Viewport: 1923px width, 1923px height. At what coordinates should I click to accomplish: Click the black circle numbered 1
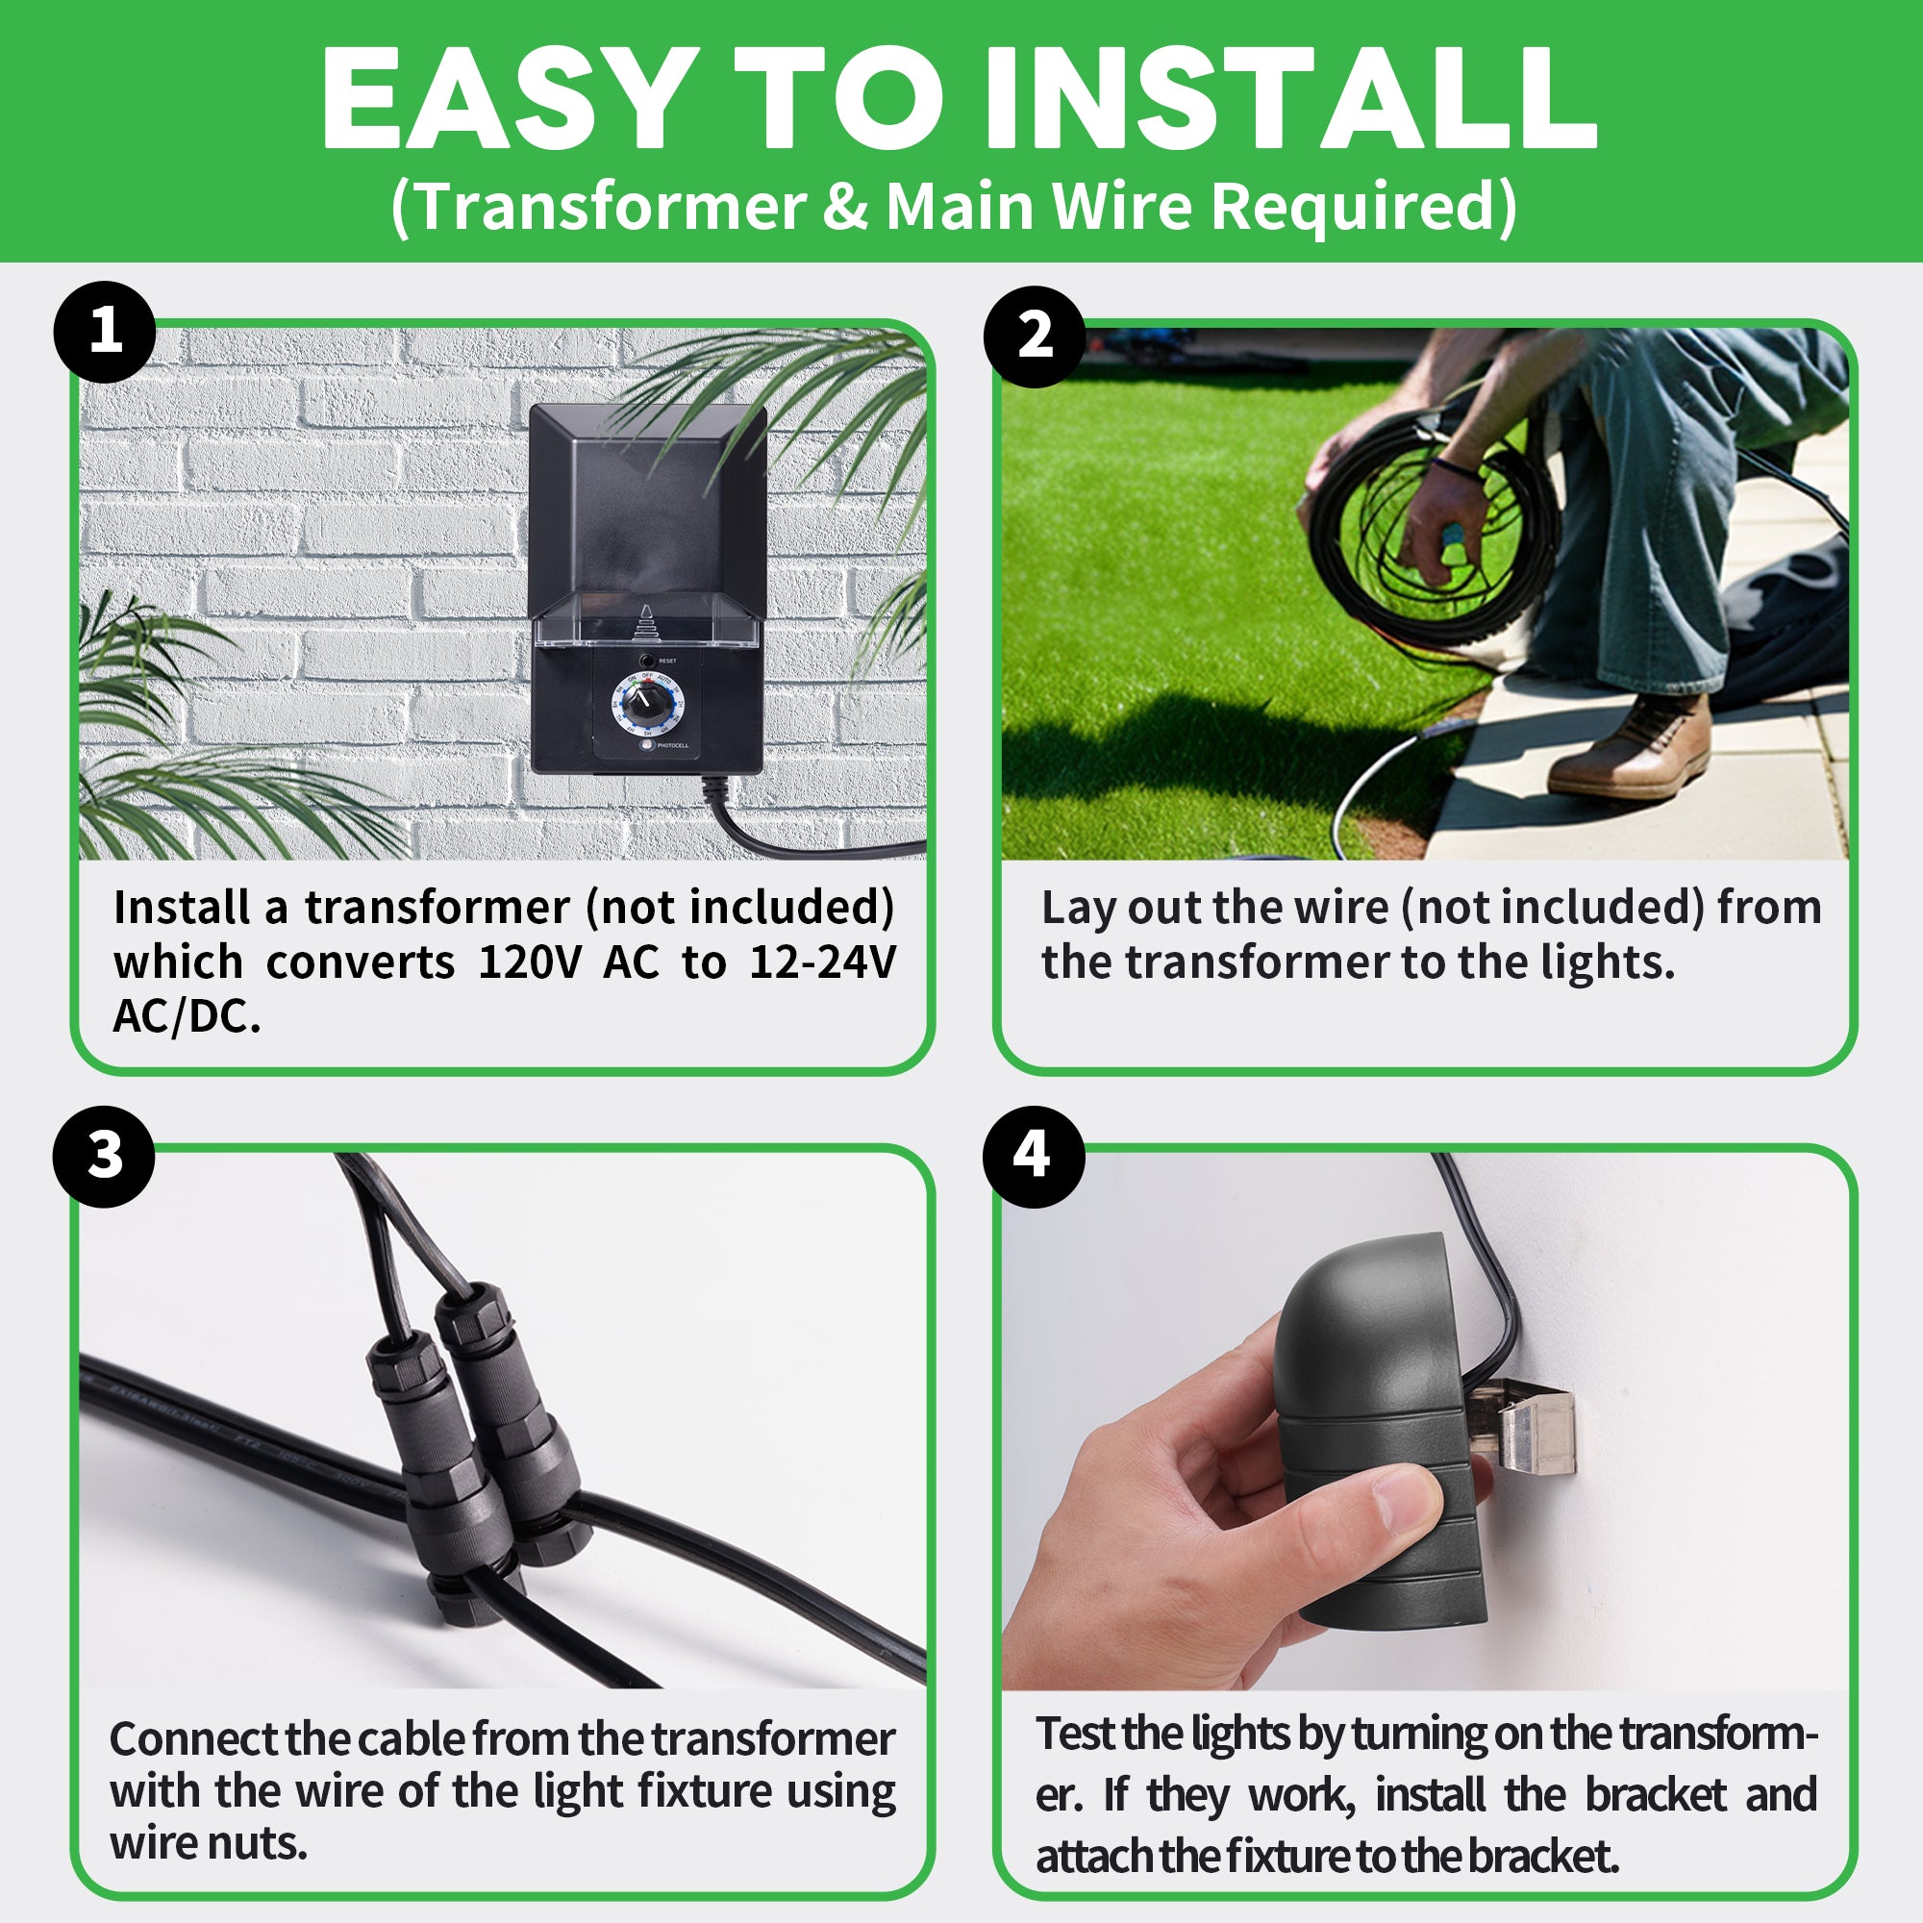pos(105,333)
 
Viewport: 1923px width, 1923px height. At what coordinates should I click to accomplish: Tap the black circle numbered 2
pos(1035,337)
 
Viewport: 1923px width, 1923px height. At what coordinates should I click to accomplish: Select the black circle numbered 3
pos(105,1157)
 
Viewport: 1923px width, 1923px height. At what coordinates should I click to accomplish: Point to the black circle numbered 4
pos(1034,1157)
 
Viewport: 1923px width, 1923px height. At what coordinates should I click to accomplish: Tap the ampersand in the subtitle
pos(845,207)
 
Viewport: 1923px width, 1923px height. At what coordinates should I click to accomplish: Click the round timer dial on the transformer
pos(647,705)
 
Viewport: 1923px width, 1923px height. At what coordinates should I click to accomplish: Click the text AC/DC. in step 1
pos(187,1017)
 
